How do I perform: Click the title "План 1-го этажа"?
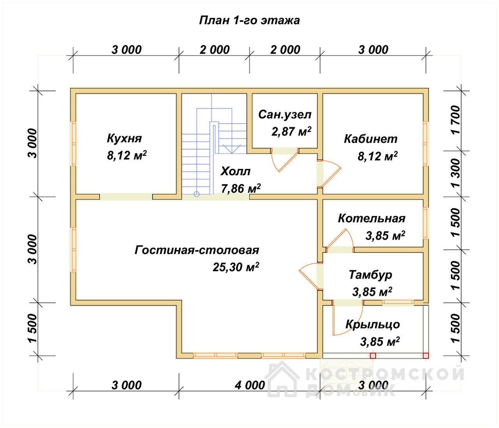(x=249, y=21)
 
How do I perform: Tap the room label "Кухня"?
(x=124, y=139)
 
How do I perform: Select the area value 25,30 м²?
(x=236, y=267)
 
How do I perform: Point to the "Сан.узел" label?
(x=285, y=115)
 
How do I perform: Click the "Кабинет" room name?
(x=371, y=139)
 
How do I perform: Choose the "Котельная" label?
(x=372, y=218)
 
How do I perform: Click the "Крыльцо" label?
(x=373, y=325)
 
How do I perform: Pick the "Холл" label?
(x=235, y=171)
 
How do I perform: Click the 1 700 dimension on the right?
(x=456, y=120)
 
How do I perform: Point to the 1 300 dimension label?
(x=456, y=173)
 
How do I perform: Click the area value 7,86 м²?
(x=241, y=189)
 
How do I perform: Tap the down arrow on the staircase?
(x=232, y=149)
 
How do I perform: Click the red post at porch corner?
(x=426, y=355)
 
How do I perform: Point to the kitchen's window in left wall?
(x=74, y=144)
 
